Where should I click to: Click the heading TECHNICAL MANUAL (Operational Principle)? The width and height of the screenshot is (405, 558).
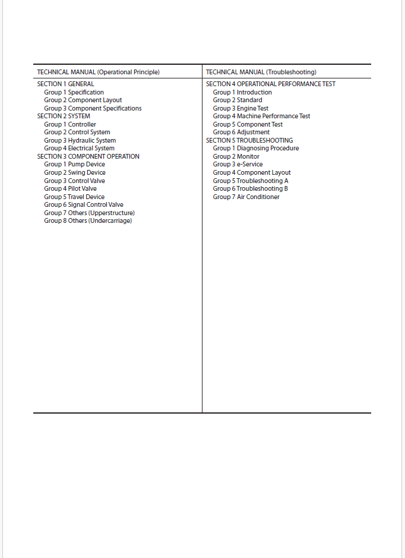98,72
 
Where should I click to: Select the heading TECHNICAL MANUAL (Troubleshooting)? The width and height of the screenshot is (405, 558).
261,72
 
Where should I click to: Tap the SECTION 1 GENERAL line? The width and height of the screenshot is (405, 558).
65,84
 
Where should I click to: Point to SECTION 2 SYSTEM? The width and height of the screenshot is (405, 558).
64,116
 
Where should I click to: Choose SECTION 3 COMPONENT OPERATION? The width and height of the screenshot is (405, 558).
88,156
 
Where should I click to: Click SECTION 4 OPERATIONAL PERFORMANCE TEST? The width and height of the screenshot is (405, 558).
270,84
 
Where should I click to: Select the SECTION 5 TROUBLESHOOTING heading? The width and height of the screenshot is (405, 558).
249,140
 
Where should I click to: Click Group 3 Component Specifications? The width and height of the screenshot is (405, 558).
93,108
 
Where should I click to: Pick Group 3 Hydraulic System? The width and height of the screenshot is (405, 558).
80,140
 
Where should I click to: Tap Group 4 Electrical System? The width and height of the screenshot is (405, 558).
79,149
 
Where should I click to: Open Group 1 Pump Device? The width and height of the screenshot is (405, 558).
74,165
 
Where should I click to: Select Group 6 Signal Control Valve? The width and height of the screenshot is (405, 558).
84,204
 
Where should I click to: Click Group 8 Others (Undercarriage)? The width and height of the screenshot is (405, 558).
88,220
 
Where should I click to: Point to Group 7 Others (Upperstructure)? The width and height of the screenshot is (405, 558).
89,213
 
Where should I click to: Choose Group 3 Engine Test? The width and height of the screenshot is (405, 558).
241,108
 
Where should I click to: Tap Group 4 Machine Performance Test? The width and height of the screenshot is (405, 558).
261,116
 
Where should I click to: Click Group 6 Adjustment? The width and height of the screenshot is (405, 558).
241,133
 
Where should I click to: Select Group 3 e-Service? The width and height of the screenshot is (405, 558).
238,165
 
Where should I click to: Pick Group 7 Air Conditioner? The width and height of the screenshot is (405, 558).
246,197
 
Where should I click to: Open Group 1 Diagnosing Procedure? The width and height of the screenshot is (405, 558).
256,149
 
